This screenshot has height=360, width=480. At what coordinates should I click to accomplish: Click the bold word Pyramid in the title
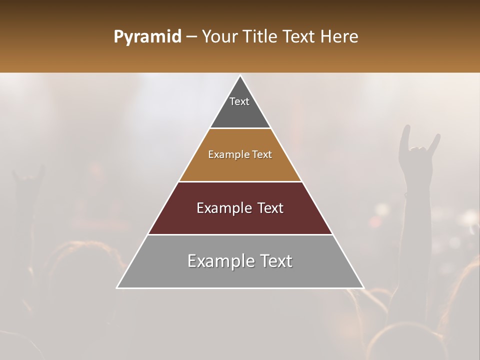coord(147,37)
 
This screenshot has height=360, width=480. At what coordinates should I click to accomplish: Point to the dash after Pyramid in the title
coord(191,37)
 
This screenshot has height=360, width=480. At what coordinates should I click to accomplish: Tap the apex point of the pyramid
coord(240,76)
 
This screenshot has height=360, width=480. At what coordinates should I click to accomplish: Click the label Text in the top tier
coord(239,101)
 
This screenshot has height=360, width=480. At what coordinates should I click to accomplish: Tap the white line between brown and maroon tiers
coord(240,181)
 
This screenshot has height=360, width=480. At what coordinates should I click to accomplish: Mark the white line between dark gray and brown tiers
coord(240,128)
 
